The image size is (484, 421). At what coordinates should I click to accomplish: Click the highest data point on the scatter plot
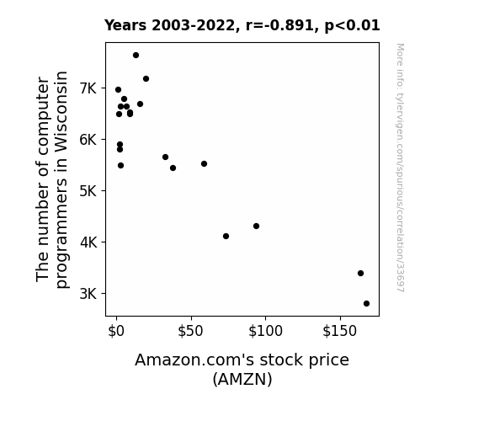[136, 56]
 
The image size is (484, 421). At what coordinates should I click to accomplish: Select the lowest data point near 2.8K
[366, 304]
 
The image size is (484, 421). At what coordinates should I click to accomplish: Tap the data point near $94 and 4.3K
[256, 226]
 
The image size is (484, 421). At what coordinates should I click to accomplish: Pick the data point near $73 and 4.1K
[226, 237]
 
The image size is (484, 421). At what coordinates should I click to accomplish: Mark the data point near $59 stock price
[204, 163]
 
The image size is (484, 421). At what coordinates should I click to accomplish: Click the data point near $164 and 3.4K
[360, 274]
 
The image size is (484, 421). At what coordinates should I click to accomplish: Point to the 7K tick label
[88, 88]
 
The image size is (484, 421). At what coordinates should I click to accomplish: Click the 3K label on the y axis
[88, 293]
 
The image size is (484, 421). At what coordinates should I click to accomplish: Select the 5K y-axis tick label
[88, 191]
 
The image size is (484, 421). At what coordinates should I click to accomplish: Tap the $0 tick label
[116, 331]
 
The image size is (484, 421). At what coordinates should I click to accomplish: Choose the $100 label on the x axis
[265, 331]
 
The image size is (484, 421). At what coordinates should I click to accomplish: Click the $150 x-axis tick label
[340, 331]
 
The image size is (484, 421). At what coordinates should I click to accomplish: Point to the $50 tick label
[191, 331]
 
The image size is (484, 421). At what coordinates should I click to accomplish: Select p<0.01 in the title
[352, 26]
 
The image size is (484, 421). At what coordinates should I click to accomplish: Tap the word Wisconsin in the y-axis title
[61, 112]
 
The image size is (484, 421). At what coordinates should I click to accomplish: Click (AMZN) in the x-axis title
[242, 379]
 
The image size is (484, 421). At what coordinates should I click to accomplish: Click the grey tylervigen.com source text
[400, 168]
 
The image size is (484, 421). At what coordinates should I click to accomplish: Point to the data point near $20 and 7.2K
[146, 79]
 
